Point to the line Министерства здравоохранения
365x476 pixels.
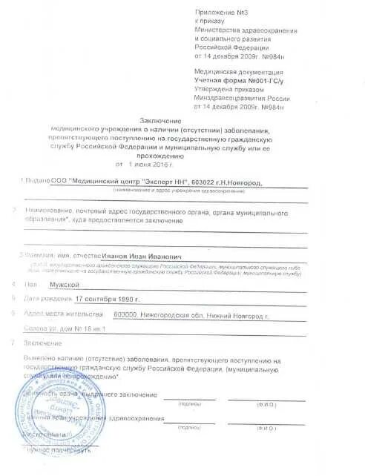click(246, 30)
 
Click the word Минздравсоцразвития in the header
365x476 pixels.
click(228, 96)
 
